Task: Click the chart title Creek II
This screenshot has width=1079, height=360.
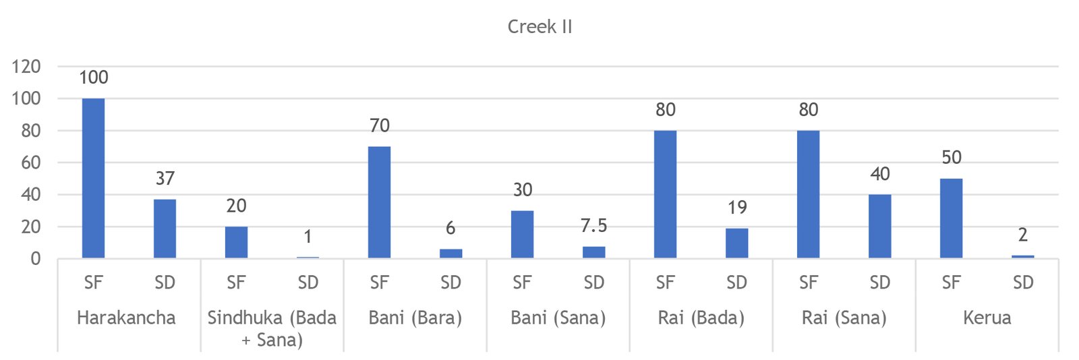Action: (x=539, y=27)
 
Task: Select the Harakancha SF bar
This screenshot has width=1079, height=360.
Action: (x=93, y=178)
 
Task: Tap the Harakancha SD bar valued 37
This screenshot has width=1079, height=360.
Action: (x=165, y=229)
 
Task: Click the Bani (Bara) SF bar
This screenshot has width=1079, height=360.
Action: (x=379, y=202)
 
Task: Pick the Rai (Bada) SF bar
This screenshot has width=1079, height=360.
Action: (x=665, y=194)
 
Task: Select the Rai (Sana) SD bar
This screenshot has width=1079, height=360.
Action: (x=879, y=226)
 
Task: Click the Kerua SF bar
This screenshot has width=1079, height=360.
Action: (x=951, y=218)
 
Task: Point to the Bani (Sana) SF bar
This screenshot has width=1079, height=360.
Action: (x=522, y=234)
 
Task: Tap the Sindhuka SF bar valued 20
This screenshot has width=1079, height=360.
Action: (x=236, y=242)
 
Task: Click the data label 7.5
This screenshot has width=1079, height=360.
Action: (x=593, y=226)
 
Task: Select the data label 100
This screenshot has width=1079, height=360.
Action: (x=93, y=78)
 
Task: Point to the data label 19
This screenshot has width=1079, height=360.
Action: (x=737, y=208)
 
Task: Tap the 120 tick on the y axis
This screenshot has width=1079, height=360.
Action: (x=26, y=67)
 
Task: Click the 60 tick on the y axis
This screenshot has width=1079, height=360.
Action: (x=31, y=162)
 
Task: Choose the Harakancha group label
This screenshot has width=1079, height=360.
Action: (x=126, y=318)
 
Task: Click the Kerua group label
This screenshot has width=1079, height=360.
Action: (x=987, y=318)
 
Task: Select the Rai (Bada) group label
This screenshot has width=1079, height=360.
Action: (x=701, y=318)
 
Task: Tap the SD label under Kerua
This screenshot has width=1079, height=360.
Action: (x=1022, y=282)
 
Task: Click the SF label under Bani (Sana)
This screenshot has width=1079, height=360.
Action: (x=522, y=282)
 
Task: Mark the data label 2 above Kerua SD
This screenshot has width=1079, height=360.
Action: (x=1022, y=235)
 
